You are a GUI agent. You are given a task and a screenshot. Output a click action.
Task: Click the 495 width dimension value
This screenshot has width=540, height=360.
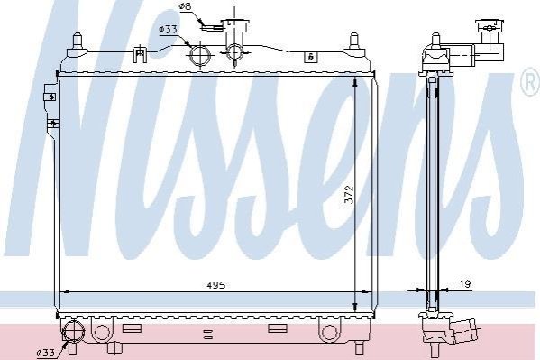coord(216,285)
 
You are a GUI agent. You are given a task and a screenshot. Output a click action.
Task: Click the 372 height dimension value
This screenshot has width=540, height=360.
coord(349,195)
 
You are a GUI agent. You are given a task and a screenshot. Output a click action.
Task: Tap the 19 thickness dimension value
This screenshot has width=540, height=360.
coord(465,284)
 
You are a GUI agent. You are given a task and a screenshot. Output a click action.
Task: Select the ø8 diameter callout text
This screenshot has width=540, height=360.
coord(186,6)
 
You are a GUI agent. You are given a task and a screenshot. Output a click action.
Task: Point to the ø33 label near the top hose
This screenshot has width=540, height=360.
coord(168,29)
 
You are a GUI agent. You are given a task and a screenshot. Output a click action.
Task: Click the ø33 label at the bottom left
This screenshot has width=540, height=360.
coord(45,353)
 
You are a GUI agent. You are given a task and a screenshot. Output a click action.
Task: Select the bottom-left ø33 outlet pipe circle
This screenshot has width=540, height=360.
coord(74,331)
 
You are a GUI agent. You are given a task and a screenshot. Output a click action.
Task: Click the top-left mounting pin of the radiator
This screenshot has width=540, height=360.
coord(78,45)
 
